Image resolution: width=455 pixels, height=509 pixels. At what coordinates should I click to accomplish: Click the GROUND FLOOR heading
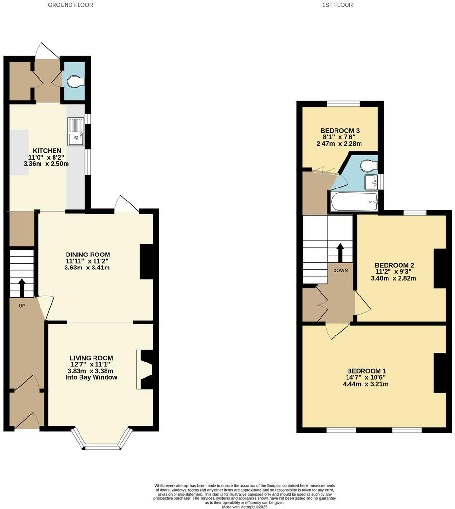point(70,5)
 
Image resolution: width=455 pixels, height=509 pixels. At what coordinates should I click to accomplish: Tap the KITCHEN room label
point(47,151)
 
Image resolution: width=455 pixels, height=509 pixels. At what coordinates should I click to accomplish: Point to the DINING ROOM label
point(88,254)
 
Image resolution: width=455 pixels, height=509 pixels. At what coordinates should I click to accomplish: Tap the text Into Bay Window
point(91,377)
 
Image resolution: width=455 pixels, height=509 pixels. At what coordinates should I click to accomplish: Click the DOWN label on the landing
point(340,270)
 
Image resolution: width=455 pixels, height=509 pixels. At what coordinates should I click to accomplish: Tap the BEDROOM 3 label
point(340,130)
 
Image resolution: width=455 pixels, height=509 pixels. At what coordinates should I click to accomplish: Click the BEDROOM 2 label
point(394,265)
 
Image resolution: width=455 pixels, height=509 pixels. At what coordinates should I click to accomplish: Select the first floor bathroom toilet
point(369,165)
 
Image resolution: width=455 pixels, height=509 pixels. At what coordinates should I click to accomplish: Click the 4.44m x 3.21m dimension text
point(365,384)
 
